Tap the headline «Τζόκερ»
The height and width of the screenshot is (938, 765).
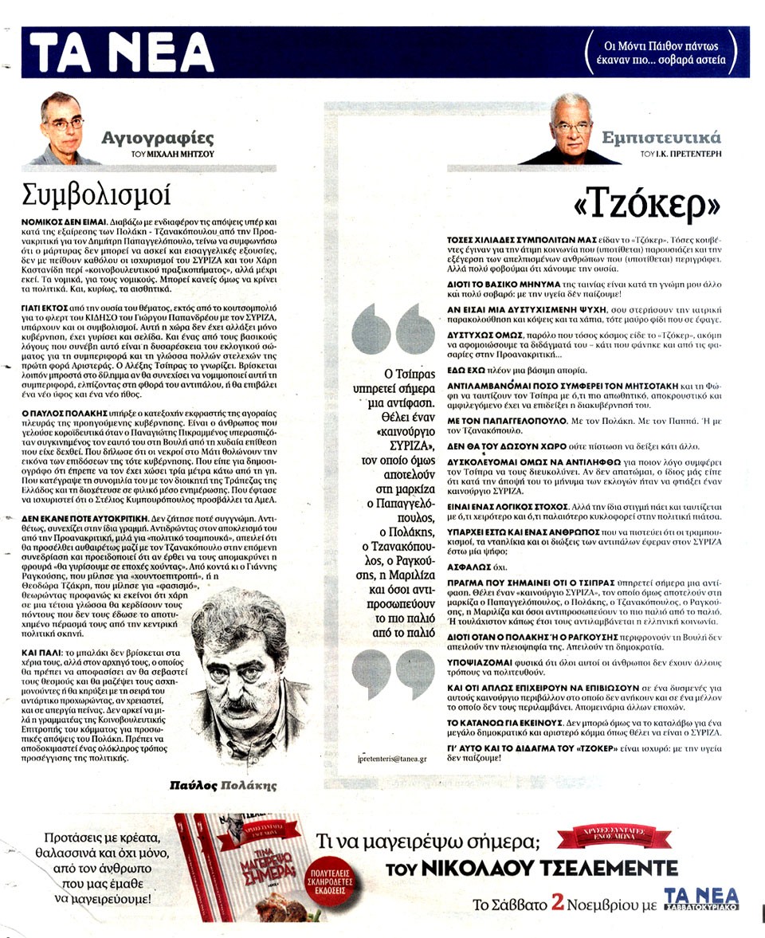646,204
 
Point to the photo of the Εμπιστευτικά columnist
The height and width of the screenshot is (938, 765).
571,130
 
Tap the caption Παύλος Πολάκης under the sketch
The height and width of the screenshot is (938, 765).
223,785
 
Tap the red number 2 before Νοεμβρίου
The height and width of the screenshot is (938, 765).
558,903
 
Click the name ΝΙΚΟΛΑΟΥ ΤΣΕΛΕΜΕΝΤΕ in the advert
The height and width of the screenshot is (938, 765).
532,868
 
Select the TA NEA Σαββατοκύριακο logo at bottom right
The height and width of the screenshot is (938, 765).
700,899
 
